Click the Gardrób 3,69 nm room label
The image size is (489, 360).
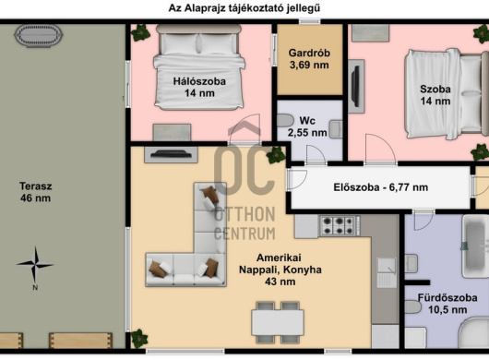pyautogui.click(x=309, y=59)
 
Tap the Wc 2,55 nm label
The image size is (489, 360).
pyautogui.click(x=307, y=126)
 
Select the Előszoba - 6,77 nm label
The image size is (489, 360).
pyautogui.click(x=380, y=187)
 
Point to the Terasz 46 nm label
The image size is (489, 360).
pyautogui.click(x=36, y=192)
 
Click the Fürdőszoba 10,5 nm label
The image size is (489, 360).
pyautogui.click(x=447, y=304)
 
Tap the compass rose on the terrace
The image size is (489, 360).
pyautogui.click(x=35, y=266)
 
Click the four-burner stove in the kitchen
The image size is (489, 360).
pyautogui.click(x=339, y=226)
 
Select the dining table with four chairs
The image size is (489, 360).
pyautogui.click(x=278, y=322)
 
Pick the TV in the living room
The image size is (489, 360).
pyautogui.click(x=171, y=154)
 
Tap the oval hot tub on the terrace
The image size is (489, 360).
pyautogui.click(x=39, y=36)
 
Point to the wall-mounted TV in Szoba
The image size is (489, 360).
pyautogui.click(x=355, y=86)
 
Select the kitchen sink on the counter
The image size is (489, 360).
pyautogui.click(x=387, y=272)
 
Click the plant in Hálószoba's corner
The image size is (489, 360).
pyautogui.click(x=140, y=32)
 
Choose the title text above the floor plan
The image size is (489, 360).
pyautogui.click(x=244, y=7)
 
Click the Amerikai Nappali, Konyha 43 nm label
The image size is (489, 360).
pyautogui.click(x=280, y=270)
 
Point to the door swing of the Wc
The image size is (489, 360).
pyautogui.click(x=316, y=155)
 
